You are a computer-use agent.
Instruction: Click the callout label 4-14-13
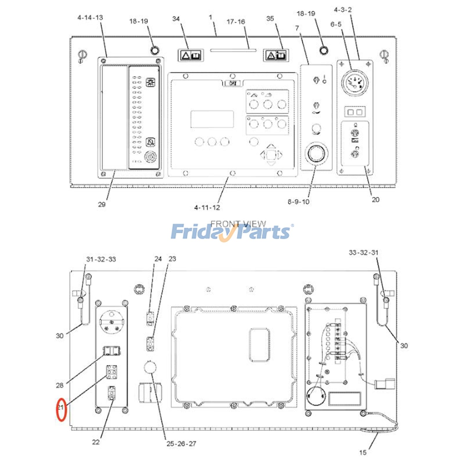pos(90,18)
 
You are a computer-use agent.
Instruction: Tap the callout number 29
pos(101,204)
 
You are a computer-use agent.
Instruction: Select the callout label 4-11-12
pos(207,208)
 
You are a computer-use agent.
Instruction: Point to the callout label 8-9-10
pos(298,202)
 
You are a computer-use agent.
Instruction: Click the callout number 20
pos(375,200)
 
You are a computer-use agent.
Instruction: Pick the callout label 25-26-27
pos(181,444)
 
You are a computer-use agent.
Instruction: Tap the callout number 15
pos(363,453)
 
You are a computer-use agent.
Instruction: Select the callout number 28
pos(60,385)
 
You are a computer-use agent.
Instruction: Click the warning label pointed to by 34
pos(191,55)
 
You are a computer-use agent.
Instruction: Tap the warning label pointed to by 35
pos(276,55)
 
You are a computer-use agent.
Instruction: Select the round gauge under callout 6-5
pos(355,83)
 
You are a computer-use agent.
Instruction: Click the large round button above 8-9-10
pos(316,153)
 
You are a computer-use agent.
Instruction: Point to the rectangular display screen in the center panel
pos(212,119)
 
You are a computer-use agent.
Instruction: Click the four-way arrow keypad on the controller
pos(271,155)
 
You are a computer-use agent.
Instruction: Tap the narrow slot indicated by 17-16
pos(233,50)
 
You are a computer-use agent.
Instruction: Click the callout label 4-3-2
pos(343,10)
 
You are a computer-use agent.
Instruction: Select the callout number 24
pos(158,259)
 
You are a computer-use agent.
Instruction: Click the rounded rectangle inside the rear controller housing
pos(260,345)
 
